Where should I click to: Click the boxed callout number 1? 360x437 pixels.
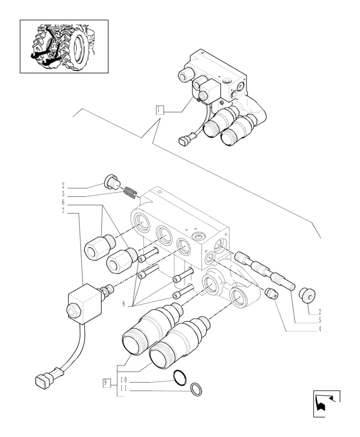point(159,110)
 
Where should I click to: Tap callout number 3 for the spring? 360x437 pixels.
point(63,194)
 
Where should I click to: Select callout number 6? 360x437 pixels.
point(63,203)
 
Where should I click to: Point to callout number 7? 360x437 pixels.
point(63,211)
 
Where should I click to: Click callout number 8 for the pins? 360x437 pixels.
point(124,305)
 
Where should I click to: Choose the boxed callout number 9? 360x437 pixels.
point(107,382)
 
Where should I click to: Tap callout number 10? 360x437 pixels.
point(123,379)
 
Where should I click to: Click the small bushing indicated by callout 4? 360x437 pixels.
point(272,293)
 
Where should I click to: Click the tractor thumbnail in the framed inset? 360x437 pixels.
point(64,46)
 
